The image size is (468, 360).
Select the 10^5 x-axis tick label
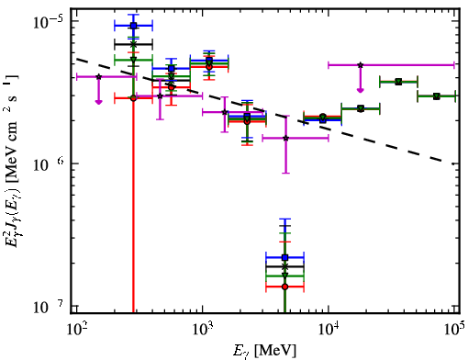point(454,331)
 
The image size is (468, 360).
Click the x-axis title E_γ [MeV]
point(264,351)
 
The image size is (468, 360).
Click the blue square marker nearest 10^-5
point(133,26)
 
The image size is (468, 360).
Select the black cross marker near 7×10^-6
point(133,44)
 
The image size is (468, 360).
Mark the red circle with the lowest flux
point(284,287)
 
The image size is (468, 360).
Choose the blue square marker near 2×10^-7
point(284,258)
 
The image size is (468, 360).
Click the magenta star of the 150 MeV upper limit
point(98,76)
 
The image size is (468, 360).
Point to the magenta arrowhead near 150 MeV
point(98,102)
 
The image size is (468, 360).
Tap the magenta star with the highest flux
point(361,65)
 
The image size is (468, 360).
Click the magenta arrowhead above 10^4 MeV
point(361,90)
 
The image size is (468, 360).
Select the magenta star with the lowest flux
point(286,139)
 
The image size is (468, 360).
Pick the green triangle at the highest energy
point(437,96)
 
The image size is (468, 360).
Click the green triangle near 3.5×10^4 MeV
point(398,82)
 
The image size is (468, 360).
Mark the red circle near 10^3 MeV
point(209,67)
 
